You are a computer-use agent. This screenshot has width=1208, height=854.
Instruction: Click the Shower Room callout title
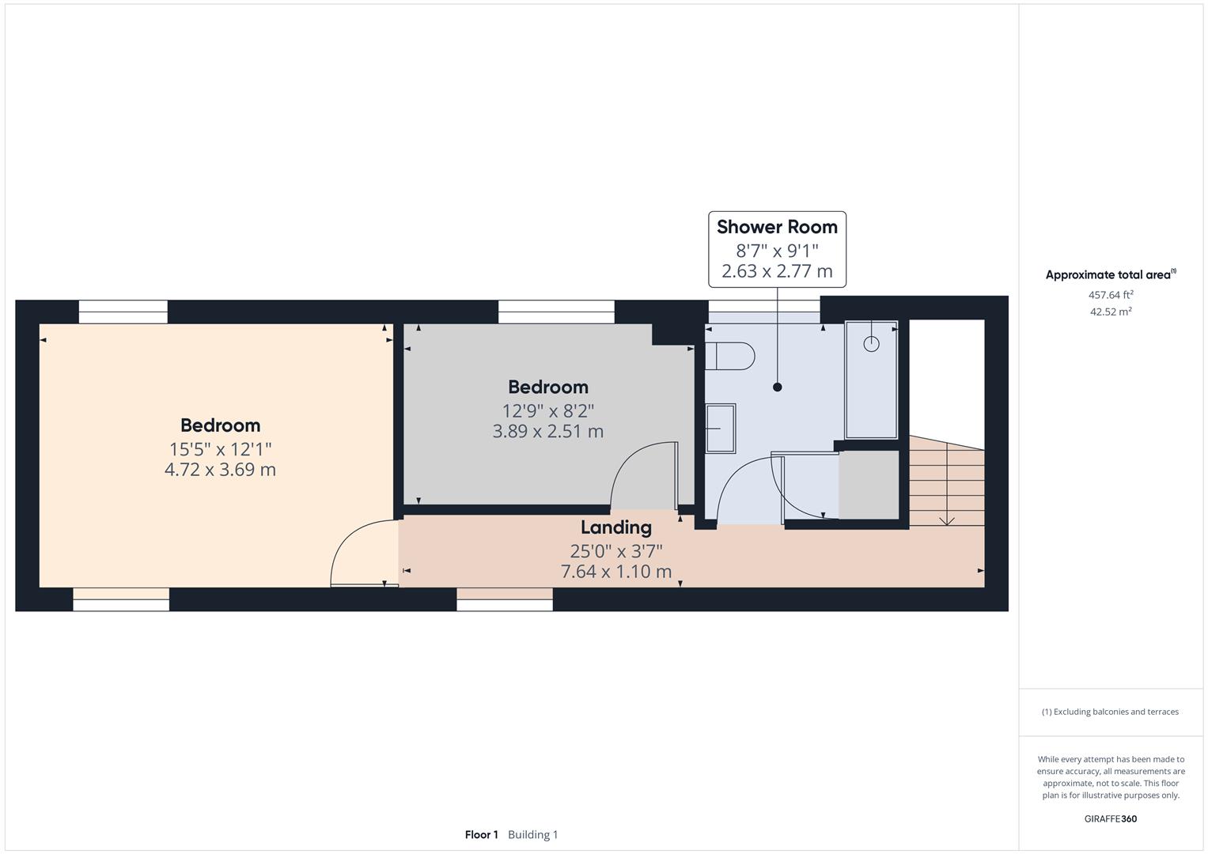[777, 227]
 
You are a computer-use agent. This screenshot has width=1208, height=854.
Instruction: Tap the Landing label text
[615, 527]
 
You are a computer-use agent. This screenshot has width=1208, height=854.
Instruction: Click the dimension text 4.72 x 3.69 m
[220, 470]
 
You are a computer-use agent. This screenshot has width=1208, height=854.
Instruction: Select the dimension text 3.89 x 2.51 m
[547, 432]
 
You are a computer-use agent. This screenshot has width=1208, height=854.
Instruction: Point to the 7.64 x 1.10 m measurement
[615, 571]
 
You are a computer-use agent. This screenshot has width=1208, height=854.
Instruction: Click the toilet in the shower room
[729, 356]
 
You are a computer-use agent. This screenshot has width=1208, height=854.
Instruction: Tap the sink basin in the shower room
[720, 428]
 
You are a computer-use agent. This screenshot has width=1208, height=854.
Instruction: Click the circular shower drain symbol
[871, 344]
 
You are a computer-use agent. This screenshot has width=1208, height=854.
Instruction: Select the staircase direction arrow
[946, 518]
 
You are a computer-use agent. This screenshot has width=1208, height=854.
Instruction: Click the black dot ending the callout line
[777, 387]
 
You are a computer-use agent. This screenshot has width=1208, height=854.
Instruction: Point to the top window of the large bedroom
[123, 312]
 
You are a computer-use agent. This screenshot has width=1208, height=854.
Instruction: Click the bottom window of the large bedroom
[121, 599]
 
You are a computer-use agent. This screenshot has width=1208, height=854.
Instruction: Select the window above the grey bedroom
[556, 312]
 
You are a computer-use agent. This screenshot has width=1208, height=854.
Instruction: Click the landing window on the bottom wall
[505, 599]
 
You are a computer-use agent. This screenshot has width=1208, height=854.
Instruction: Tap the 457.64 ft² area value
[1111, 295]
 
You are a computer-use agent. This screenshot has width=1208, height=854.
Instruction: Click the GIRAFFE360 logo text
[1110, 818]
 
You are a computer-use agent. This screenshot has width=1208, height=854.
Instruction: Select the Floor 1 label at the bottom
[481, 834]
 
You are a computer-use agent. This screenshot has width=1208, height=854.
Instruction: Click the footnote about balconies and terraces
[1110, 712]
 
